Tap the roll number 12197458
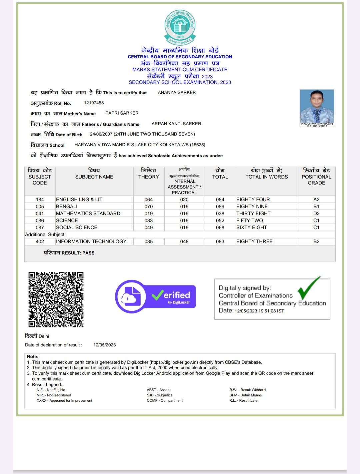(x=94, y=103)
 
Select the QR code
(x=56, y=299)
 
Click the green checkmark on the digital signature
(x=308, y=288)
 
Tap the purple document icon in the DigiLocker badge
(x=131, y=296)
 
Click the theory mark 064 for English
(x=149, y=200)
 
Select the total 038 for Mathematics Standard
(x=220, y=214)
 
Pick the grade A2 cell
(x=316, y=200)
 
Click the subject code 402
(x=40, y=241)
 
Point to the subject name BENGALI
(x=67, y=207)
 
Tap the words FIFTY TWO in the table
(x=250, y=221)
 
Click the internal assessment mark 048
(x=184, y=241)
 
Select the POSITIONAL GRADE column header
(x=316, y=177)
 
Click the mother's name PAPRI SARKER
(x=122, y=113)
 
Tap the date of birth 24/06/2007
(x=101, y=134)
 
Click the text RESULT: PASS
(x=78, y=253)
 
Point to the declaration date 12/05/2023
(x=105, y=345)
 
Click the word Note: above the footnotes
(x=33, y=356)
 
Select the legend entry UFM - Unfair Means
(x=246, y=395)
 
